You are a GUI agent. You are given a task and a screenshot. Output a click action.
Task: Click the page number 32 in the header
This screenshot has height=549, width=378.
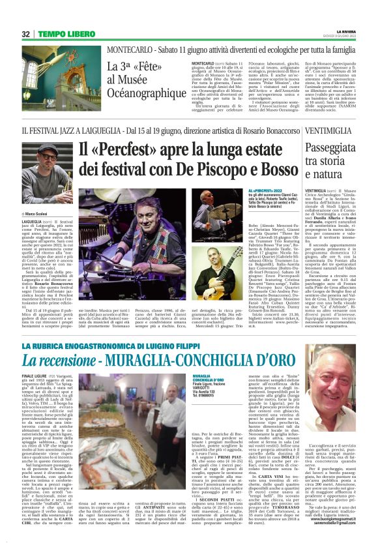(x=26, y=34)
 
